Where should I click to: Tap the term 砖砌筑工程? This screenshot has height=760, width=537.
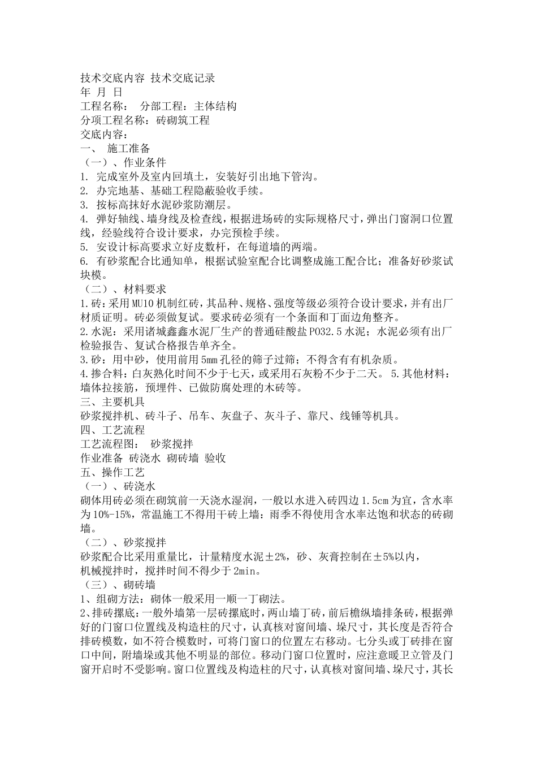pyautogui.click(x=183, y=120)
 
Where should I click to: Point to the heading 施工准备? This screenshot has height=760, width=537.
pyautogui.click(x=129, y=149)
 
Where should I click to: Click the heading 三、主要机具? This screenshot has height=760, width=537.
pyautogui.click(x=113, y=402)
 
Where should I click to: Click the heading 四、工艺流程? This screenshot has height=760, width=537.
pyautogui.click(x=113, y=430)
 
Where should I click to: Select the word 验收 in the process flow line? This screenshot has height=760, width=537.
pyautogui.click(x=215, y=459)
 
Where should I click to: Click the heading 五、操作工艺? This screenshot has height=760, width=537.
pyautogui.click(x=113, y=473)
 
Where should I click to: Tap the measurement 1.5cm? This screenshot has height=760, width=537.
pyautogui.click(x=384, y=501)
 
